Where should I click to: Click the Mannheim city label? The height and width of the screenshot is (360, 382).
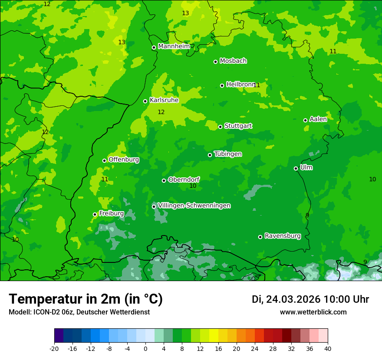(x=174, y=46)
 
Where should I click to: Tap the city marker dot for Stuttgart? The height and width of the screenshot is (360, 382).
(x=220, y=127)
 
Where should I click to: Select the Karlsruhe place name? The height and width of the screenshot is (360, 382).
(x=164, y=100)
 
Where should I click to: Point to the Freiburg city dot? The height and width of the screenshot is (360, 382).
(x=95, y=214)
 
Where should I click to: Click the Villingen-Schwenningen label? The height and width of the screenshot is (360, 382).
(x=194, y=206)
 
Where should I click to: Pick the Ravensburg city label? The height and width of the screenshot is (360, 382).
(x=283, y=236)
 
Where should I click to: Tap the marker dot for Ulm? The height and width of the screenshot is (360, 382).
(x=296, y=168)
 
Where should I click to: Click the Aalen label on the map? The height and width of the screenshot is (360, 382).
(x=318, y=119)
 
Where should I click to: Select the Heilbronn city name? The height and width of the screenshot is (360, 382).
(x=240, y=85)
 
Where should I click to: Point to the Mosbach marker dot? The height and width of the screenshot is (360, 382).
(x=215, y=62)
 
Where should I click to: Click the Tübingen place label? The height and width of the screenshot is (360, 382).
(x=228, y=154)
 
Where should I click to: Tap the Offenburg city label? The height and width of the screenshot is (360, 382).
(x=124, y=160)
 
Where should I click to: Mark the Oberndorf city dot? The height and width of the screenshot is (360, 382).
(x=164, y=180)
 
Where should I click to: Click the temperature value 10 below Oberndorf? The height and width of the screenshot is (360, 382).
(x=193, y=186)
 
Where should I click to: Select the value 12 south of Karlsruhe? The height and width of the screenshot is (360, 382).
(x=161, y=112)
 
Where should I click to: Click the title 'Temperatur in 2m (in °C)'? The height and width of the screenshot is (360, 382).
(x=86, y=299)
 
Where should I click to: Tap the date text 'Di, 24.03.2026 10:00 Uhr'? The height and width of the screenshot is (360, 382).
(x=310, y=299)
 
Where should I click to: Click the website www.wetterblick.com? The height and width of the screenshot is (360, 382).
(x=313, y=312)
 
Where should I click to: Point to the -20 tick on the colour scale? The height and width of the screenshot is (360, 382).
(x=54, y=348)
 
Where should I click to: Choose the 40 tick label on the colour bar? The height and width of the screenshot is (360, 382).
(x=327, y=348)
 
